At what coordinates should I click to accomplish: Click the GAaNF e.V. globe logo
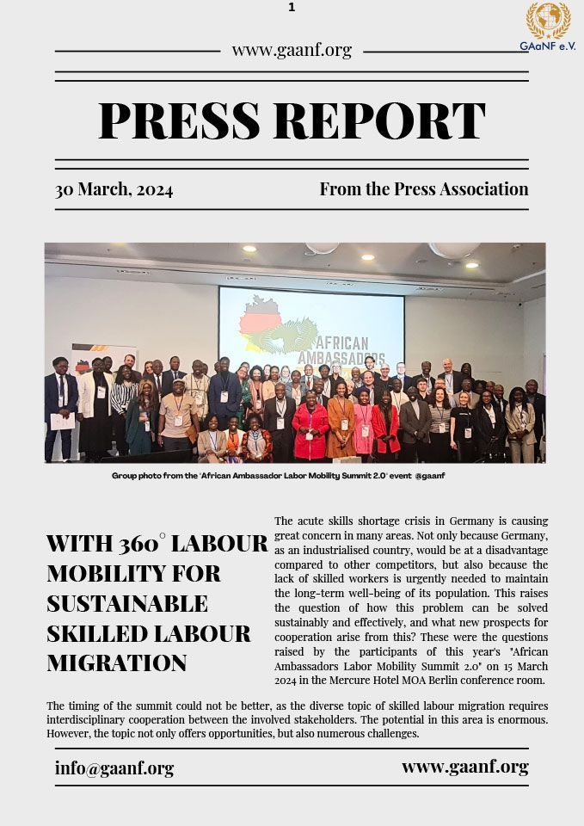click(548, 21)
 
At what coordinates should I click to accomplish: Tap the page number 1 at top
click(292, 8)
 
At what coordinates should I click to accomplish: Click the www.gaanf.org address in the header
click(292, 50)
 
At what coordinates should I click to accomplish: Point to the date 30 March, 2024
click(114, 189)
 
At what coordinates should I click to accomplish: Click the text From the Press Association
click(424, 189)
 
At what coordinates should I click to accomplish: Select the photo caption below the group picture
click(278, 475)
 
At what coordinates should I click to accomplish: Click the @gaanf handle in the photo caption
click(429, 475)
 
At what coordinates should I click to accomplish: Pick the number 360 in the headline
click(139, 544)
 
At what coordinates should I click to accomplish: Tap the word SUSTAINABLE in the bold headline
click(127, 603)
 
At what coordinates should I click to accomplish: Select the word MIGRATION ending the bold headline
click(116, 663)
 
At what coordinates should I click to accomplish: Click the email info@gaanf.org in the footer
click(114, 768)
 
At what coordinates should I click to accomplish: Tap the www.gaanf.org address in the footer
click(464, 767)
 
